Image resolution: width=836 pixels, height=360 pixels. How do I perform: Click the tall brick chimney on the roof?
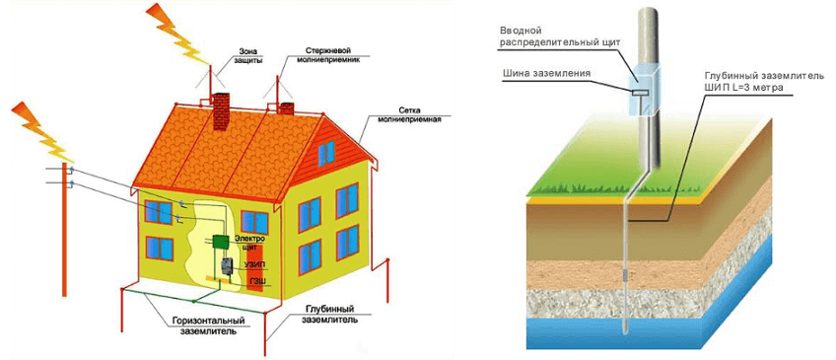221,111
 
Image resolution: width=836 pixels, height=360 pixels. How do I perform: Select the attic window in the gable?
326,153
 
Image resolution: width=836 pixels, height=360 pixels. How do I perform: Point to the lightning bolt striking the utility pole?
43,131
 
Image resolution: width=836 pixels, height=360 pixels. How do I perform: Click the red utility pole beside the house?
64,230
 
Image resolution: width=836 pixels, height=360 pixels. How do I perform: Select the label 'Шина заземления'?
546,74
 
